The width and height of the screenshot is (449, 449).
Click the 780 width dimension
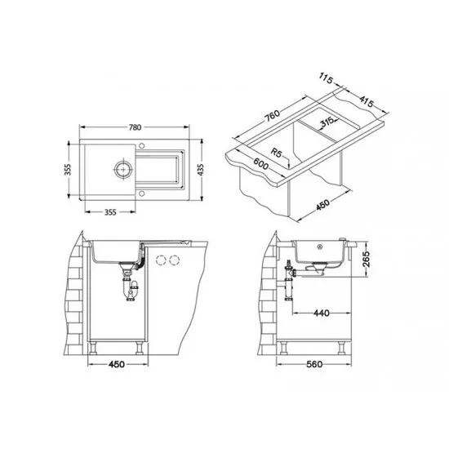pos(135,127)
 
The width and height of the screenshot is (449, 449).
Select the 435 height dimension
pos(201,170)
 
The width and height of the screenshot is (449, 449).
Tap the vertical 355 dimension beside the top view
pos(68,170)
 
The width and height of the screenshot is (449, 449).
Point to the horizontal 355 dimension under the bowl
pos(110,212)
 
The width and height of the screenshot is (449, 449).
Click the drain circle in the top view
pos(123,170)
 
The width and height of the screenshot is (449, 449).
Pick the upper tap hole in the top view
pos(141,146)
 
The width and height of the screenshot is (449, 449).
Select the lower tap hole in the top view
pos(141,193)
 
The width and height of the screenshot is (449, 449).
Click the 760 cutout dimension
pos(272,116)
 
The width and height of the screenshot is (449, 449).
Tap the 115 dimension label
pos(326,78)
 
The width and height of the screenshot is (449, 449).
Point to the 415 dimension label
pos(367,101)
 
